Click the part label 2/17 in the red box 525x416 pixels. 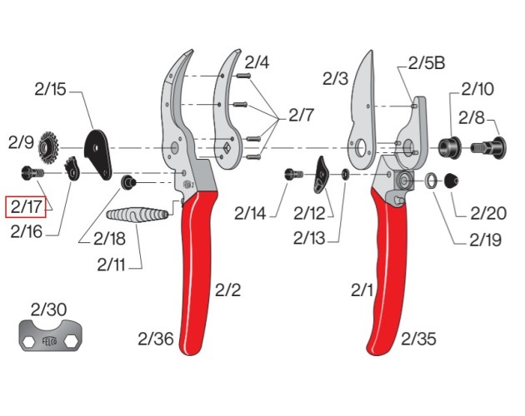[26, 206]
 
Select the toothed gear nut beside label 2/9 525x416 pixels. [48, 147]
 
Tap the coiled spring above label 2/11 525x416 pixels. [137, 215]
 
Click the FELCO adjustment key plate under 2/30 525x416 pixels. [50, 336]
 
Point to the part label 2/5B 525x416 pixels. [427, 62]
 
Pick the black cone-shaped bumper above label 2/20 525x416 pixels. [452, 181]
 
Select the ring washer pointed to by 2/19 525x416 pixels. [432, 181]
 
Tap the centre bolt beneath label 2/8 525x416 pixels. [488, 147]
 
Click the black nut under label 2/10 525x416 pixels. [450, 147]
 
